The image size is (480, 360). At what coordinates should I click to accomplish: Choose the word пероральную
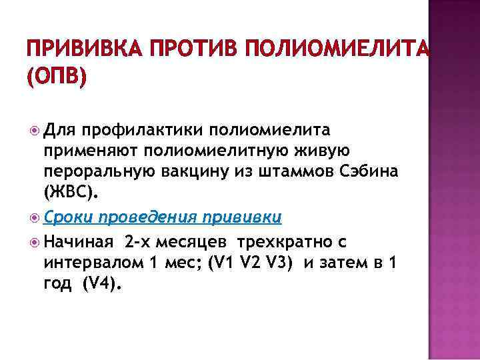point(98,173)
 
